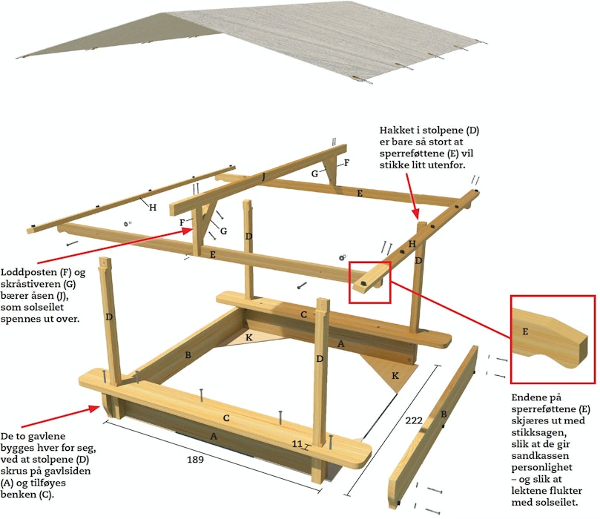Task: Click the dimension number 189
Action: pos(195,460)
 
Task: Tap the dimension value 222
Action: pos(414,420)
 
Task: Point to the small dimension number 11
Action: pos(297,443)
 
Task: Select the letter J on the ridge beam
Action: pos(263,176)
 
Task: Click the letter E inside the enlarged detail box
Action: pos(525,331)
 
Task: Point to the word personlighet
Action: pos(542,467)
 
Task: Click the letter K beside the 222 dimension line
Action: pos(395,376)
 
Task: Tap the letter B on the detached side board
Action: pos(444,414)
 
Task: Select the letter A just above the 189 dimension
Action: pos(214,436)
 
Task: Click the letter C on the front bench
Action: pos(226,418)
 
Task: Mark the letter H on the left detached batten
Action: pos(153,208)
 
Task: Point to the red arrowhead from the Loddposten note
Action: pos(187,231)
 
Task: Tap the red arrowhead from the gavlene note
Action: pos(93,409)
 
